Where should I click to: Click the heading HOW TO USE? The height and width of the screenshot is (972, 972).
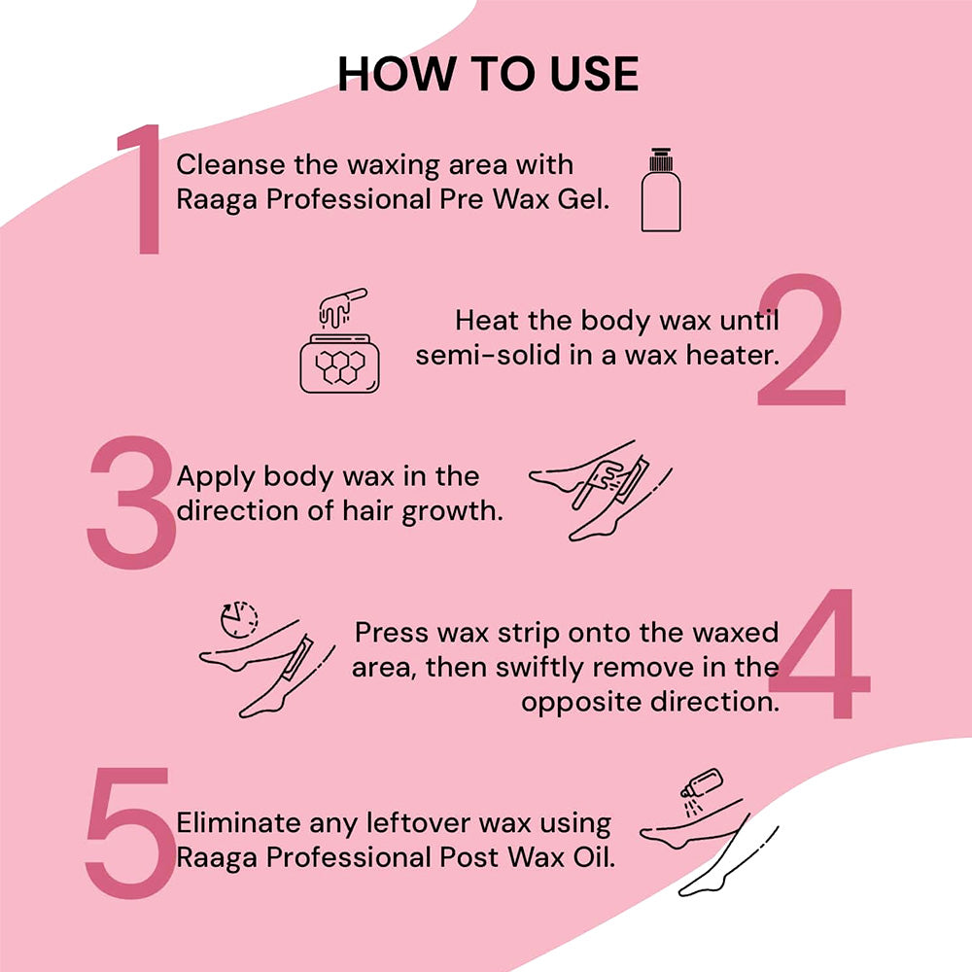click(488, 75)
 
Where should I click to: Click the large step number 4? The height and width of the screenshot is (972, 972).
click(823, 655)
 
